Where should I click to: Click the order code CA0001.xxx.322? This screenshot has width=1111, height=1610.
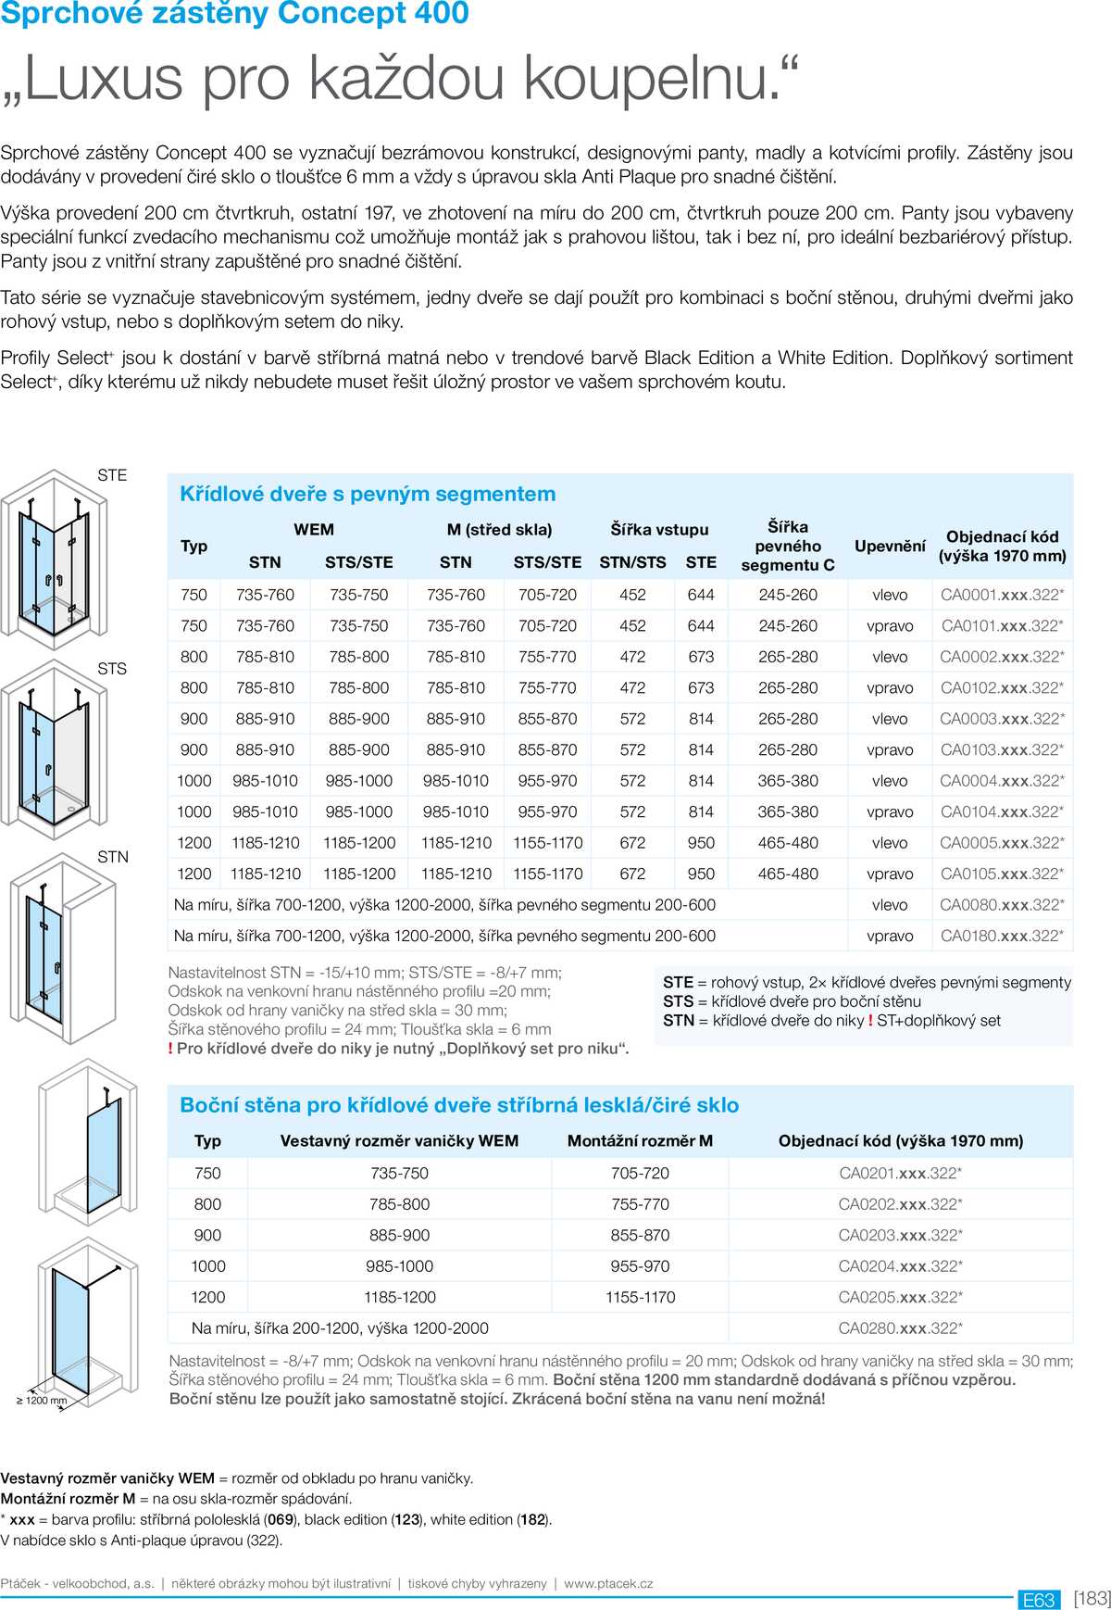pos(1002,595)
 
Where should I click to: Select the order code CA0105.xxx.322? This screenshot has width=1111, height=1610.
pos(1002,874)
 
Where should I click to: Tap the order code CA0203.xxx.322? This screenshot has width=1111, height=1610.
pos(900,1235)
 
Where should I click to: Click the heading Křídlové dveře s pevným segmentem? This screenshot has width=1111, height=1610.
pos(368,495)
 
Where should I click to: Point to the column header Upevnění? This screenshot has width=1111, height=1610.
pos(890,546)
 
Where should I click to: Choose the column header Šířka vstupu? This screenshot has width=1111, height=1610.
pos(659,530)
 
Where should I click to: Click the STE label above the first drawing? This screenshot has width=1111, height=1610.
pos(112,475)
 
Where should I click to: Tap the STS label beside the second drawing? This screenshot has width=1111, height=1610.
pos(112,669)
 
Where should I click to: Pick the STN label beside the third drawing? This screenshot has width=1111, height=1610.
pos(113,857)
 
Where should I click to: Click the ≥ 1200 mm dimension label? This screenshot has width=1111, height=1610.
pos(42,1401)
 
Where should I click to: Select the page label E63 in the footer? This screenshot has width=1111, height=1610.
pos(1038,1600)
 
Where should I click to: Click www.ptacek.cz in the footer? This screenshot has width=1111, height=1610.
pos(608,1584)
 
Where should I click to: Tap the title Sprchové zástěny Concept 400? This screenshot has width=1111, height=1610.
pos(235,14)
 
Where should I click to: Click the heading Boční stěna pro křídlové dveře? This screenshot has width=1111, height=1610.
pos(459,1105)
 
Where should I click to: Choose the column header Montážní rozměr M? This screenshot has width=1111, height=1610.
pos(640,1141)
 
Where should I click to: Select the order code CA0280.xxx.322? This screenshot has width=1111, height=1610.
pos(900,1328)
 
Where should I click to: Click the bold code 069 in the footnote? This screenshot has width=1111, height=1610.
pos(281,1519)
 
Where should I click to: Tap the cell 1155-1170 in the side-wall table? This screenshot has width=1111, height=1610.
pos(640,1297)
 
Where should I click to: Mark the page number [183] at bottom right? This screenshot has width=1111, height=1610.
pos(1092,1599)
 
